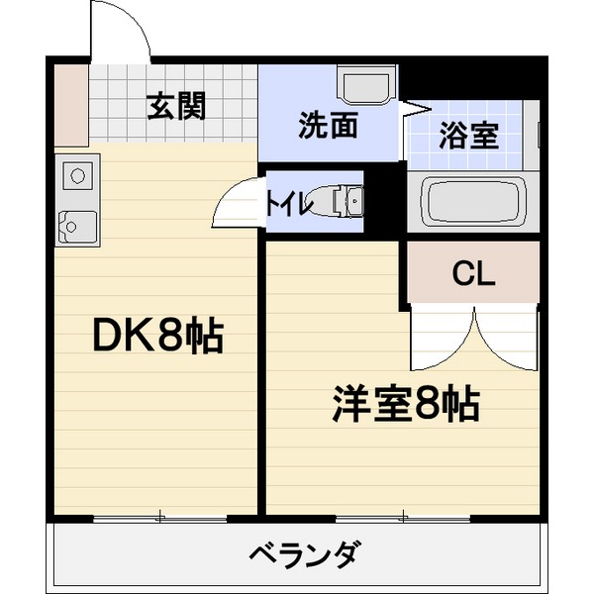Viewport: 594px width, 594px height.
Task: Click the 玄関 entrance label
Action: (177, 106)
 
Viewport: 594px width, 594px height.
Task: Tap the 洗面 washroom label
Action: (328, 127)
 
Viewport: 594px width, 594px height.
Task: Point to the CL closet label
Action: (472, 274)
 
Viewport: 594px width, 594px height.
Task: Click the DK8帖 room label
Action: (157, 338)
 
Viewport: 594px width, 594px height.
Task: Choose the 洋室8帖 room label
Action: (405, 404)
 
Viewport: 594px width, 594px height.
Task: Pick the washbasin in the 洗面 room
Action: (366, 85)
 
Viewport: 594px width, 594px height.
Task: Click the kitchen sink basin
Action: (76, 227)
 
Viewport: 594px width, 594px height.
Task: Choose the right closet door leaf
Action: (506, 337)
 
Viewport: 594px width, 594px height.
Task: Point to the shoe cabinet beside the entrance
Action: (71, 104)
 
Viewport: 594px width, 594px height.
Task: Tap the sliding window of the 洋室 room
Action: (403, 517)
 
